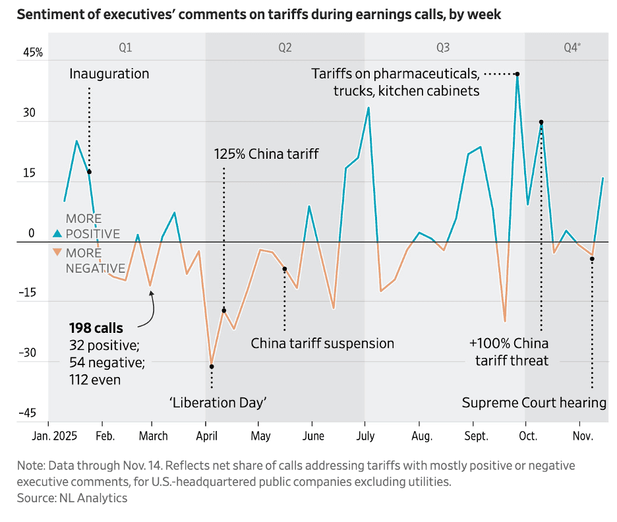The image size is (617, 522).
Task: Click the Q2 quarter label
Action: pos(285,47)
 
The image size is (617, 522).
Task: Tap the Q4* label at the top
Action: pos(572,47)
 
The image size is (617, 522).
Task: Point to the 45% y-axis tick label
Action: pos(33,53)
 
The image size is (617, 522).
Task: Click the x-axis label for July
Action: pos(365,436)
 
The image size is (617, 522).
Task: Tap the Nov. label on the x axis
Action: pos(581,436)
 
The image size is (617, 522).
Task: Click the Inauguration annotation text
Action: pos(109,74)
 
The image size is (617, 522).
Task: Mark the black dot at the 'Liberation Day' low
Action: pos(212,366)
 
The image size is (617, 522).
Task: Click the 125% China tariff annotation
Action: pos(266,154)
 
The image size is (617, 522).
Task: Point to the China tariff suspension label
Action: pos(322,343)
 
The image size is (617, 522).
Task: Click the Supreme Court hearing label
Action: pos(534,402)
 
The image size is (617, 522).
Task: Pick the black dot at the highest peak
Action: pos(517,74)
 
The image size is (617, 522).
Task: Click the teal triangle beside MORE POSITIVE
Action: pos(57,233)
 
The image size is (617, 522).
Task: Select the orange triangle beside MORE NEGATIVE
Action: pos(57,252)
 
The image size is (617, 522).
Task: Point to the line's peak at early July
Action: pos(368,107)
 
